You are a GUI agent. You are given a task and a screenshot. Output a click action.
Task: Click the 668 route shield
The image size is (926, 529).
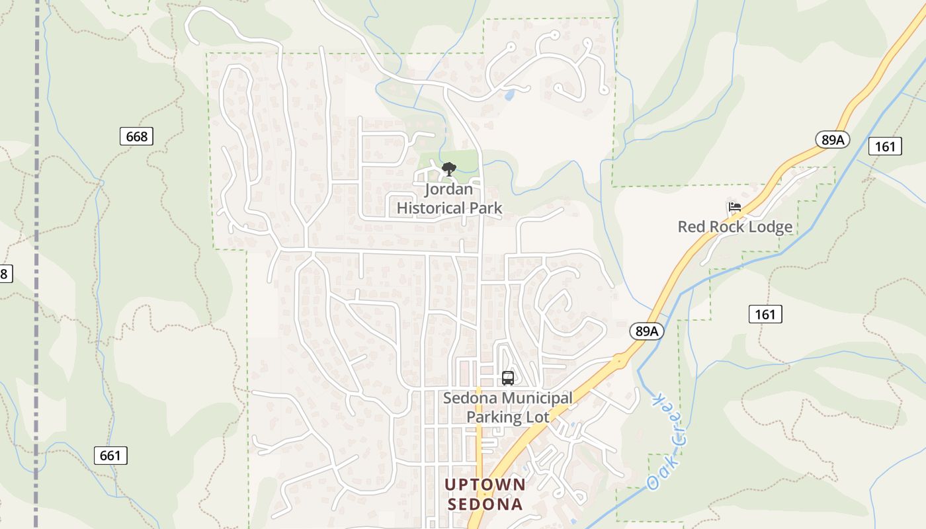tap(136, 137)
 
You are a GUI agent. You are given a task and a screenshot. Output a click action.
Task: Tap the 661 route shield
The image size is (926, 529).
tap(110, 456)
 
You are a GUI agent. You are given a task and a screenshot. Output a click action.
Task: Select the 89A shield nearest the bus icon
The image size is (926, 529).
tap(645, 331)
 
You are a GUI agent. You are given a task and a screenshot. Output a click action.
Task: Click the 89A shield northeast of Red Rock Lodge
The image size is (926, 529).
tap(832, 140)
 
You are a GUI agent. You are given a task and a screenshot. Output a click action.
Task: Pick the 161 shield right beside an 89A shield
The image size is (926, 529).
tap(884, 146)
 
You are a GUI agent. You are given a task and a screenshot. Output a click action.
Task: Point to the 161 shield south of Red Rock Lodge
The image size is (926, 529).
tap(765, 314)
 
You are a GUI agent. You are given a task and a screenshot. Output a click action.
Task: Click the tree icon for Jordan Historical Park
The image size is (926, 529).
tap(449, 169)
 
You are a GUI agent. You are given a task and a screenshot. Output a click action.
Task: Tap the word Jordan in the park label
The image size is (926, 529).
tap(449, 190)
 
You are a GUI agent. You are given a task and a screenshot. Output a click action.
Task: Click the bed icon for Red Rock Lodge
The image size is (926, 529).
tap(734, 207)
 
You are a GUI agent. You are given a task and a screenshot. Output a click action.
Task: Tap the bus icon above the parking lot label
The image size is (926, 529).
tap(507, 378)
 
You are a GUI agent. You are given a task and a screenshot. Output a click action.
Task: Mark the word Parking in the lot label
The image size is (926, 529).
tap(493, 417)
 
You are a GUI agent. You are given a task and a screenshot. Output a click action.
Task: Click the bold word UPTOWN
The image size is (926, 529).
tap(485, 485)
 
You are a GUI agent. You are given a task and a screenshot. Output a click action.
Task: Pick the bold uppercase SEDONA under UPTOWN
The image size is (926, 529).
tap(485, 505)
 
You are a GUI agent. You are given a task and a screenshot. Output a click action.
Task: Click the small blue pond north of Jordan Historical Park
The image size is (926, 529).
tap(509, 95)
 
